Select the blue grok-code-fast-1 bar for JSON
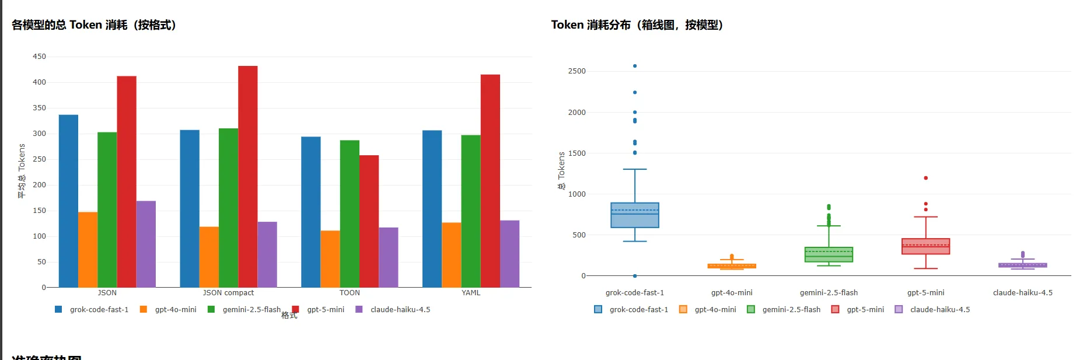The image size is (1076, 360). click(x=68, y=201)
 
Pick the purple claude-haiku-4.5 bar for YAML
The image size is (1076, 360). click(x=509, y=253)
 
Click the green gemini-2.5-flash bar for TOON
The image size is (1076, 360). click(x=350, y=214)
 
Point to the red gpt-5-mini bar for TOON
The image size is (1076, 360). click(x=369, y=221)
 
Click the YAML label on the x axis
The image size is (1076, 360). click(x=471, y=293)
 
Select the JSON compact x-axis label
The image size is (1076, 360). click(x=228, y=293)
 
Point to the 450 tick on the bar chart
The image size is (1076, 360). click(x=39, y=57)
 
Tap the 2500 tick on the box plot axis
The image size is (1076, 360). click(x=577, y=71)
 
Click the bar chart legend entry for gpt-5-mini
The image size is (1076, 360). click(x=325, y=310)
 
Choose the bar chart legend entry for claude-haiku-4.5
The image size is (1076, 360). click(x=400, y=310)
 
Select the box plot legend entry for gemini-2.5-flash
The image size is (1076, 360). click(x=791, y=310)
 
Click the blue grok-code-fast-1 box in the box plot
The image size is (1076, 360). click(x=635, y=215)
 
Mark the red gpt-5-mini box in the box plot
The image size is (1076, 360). click(x=925, y=246)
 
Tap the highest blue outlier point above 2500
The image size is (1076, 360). click(x=635, y=66)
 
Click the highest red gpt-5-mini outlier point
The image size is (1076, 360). click(x=925, y=178)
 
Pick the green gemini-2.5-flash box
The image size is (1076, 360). click(x=829, y=254)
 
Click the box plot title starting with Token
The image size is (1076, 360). click(x=637, y=25)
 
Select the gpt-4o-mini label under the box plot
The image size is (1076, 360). click(x=732, y=293)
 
